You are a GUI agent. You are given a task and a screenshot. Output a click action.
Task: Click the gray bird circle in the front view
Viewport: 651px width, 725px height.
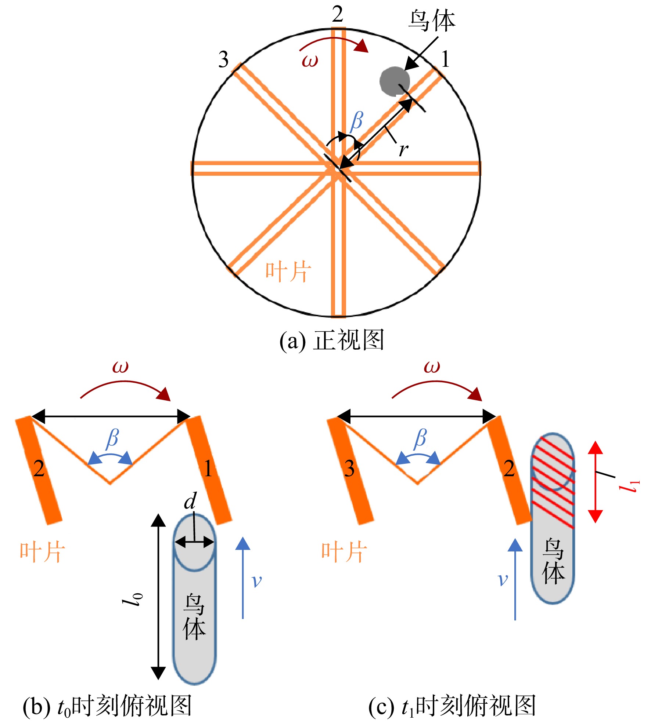pyautogui.click(x=395, y=81)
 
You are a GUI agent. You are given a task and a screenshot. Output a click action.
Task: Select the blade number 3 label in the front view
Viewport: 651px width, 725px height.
pyautogui.click(x=223, y=59)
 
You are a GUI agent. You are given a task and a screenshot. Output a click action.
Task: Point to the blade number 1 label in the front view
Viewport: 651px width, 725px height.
pyautogui.click(x=445, y=59)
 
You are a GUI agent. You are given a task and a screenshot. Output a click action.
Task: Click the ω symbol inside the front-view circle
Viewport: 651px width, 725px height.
pyautogui.click(x=310, y=61)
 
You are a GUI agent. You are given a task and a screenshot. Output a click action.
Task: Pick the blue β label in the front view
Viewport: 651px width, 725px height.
pyautogui.click(x=356, y=121)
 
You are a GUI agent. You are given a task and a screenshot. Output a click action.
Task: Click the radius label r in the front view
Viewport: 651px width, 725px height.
pyautogui.click(x=403, y=150)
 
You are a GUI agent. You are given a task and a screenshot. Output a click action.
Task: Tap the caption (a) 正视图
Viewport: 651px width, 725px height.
pyautogui.click(x=332, y=339)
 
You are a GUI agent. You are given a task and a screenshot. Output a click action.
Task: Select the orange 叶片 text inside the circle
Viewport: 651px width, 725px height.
pyautogui.click(x=288, y=272)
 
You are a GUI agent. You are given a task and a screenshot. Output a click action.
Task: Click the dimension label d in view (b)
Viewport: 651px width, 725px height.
pyautogui.click(x=190, y=501)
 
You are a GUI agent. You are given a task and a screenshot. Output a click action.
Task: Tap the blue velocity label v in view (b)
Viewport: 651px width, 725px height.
pyautogui.click(x=256, y=580)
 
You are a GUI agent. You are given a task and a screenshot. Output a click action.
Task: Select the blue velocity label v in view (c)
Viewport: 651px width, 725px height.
pyautogui.click(x=502, y=580)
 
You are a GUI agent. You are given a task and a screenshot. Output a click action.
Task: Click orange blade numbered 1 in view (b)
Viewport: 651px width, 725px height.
pyautogui.click(x=208, y=470)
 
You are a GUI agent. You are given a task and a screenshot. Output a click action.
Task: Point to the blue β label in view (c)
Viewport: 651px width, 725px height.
pyautogui.click(x=420, y=439)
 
